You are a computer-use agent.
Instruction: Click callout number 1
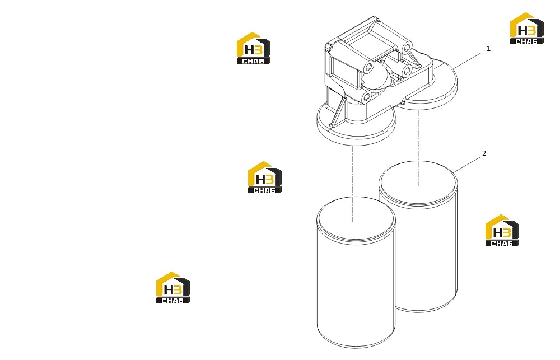pyautogui.click(x=488, y=49)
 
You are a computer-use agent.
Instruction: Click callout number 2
pyautogui.click(x=484, y=153)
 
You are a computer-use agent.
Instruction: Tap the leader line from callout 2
pyautogui.click(x=467, y=165)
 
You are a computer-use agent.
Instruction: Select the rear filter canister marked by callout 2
pyautogui.click(x=418, y=236)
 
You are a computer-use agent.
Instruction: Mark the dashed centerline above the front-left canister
pyautogui.click(x=352, y=184)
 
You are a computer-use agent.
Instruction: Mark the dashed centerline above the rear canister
pyautogui.click(x=418, y=148)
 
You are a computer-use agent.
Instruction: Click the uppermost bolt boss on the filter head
pyautogui.click(x=406, y=47)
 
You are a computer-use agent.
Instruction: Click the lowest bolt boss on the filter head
pyautogui.click(x=367, y=96)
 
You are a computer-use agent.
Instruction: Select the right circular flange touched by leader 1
pyautogui.click(x=427, y=85)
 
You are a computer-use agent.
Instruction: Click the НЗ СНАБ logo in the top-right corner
pyautogui.click(x=527, y=29)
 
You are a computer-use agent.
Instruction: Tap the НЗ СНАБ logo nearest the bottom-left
pyautogui.click(x=173, y=288)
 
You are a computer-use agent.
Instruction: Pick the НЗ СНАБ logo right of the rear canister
pyautogui.click(x=502, y=231)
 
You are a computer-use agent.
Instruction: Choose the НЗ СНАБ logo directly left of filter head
pyautogui.click(x=254, y=48)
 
